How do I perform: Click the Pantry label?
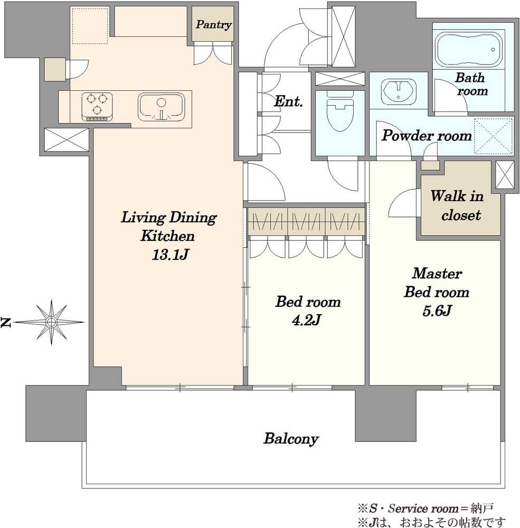point(213,25)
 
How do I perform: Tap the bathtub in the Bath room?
point(469,50)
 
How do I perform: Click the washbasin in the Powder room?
point(399,90)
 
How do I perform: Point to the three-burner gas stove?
point(97,107)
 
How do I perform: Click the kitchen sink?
point(162,107)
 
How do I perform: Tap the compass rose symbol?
point(51,322)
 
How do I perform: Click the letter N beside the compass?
point(6,322)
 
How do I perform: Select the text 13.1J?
point(170,254)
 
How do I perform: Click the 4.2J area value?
point(307,320)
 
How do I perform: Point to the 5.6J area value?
point(437,310)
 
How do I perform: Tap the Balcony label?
point(291,439)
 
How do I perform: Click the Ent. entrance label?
point(288,101)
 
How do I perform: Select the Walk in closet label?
point(458,205)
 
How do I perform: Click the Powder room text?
point(427,136)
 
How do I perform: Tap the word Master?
point(437,273)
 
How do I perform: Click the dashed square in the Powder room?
point(493,136)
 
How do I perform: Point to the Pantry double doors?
point(213,54)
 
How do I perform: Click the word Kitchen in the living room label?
point(167,235)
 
